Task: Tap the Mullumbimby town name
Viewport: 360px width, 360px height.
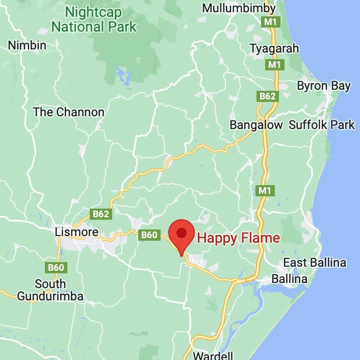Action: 239,8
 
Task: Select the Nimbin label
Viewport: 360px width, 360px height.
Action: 27,45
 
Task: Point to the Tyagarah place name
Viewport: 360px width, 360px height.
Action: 274,48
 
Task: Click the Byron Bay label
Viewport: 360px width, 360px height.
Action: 324,86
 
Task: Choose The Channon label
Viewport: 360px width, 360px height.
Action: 68,112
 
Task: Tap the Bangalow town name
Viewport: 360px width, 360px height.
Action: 256,125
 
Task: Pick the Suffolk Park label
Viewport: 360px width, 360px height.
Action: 322,125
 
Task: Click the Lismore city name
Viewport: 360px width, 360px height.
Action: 76,232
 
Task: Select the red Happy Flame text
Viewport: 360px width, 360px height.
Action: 239,238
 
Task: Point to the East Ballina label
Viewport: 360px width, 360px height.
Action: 315,263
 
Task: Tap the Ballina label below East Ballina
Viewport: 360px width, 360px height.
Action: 290,279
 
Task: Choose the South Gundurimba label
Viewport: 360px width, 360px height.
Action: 50,290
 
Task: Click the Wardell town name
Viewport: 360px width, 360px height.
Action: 213,355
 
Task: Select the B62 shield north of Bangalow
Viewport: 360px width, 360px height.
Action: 267,95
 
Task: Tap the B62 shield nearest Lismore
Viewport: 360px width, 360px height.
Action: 101,214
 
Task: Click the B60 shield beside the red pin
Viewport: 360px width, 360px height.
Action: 148,235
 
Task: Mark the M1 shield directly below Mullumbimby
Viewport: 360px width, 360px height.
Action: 270,22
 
